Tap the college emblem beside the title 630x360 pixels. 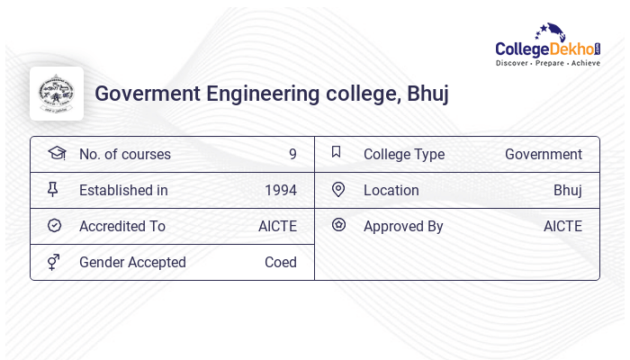click(x=57, y=94)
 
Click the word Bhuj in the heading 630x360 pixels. click(x=427, y=94)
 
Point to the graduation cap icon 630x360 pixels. click(x=56, y=153)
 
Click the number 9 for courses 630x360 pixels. click(x=292, y=154)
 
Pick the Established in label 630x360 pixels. click(x=123, y=190)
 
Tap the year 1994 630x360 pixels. click(x=281, y=190)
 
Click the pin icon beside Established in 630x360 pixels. click(x=53, y=189)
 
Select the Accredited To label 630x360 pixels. click(x=122, y=226)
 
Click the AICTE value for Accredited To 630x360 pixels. click(x=277, y=226)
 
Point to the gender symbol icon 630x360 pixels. click(x=54, y=262)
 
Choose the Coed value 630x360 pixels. click(x=281, y=262)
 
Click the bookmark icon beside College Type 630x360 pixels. click(x=337, y=152)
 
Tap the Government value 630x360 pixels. click(x=544, y=154)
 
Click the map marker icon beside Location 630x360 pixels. click(x=338, y=189)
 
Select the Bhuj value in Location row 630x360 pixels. click(x=568, y=190)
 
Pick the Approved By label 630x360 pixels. click(x=403, y=226)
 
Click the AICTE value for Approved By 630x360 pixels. click(x=562, y=226)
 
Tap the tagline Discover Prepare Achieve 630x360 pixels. click(x=547, y=64)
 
